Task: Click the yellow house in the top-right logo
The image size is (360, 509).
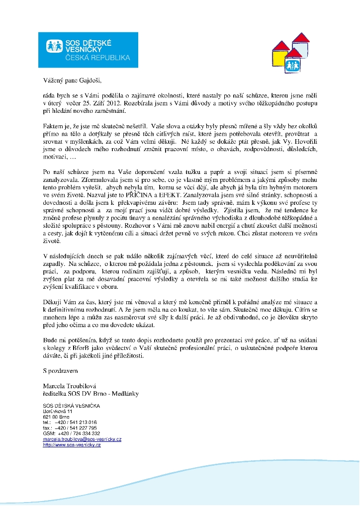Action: click(282, 50)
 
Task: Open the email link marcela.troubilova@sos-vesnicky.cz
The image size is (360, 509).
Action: click(82, 439)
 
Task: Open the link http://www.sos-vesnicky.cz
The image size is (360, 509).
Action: click(72, 444)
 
